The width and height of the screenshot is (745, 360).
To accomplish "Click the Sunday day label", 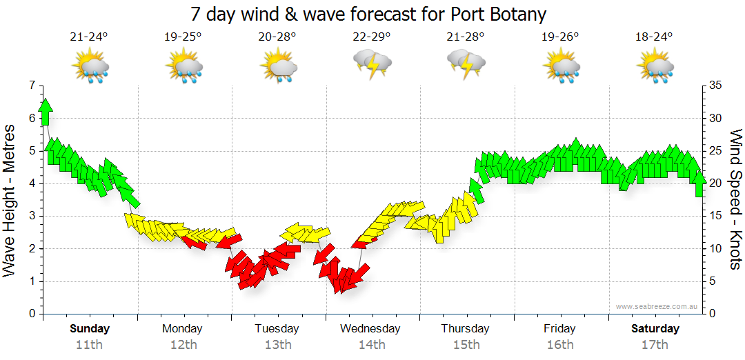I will coord(90,328).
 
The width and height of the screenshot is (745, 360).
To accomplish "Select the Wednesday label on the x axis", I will coord(370,328).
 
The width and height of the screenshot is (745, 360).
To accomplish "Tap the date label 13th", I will coord(277,345).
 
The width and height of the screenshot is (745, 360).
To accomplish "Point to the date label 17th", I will coord(655,345).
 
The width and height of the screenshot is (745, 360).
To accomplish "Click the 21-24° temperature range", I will coord(89,37).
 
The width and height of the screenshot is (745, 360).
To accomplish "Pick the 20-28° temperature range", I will coord(277,37).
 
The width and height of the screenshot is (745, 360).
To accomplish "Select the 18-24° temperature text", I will coord(654,37).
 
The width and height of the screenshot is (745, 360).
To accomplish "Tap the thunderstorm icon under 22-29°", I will coord(372,64).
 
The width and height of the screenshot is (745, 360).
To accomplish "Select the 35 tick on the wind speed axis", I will coord(715,86).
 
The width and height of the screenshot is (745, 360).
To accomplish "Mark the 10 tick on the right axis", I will coord(715,249).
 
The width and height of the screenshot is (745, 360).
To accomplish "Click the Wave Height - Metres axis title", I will coord(10,200).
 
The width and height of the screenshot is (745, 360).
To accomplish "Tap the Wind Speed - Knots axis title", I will coord(735,200).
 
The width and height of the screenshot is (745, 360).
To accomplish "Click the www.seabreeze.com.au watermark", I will coord(657,306).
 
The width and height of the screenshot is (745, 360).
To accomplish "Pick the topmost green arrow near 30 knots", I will coord(46,110).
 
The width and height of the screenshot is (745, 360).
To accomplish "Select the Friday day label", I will coord(559,328).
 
